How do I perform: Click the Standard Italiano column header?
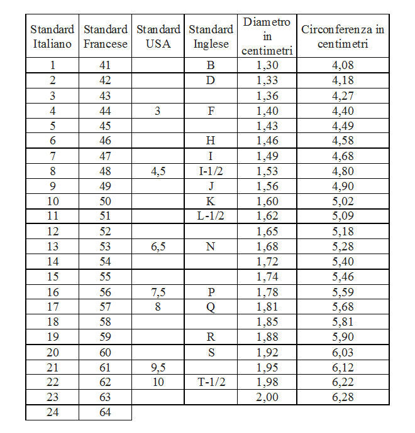[x=52, y=36]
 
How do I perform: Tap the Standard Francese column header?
[x=106, y=36]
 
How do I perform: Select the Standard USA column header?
[x=158, y=36]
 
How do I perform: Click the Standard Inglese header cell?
[x=211, y=36]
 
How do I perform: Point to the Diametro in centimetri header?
[x=267, y=36]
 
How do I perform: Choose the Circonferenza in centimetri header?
[x=343, y=36]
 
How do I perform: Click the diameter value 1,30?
[x=267, y=65]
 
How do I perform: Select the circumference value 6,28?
[x=343, y=397]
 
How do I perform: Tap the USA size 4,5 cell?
[x=158, y=171]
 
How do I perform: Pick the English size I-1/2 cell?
[x=211, y=171]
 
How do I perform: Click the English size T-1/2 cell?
[x=211, y=382]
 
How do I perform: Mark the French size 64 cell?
[x=106, y=412]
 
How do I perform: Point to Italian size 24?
[x=52, y=412]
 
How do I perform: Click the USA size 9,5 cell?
[x=158, y=366]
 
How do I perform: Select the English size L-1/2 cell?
[x=211, y=216]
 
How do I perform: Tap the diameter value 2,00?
[x=267, y=397]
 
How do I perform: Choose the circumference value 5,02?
[x=343, y=201]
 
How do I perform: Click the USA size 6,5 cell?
[x=158, y=246]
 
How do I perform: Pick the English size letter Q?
[x=211, y=306]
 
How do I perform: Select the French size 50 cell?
[x=106, y=201]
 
